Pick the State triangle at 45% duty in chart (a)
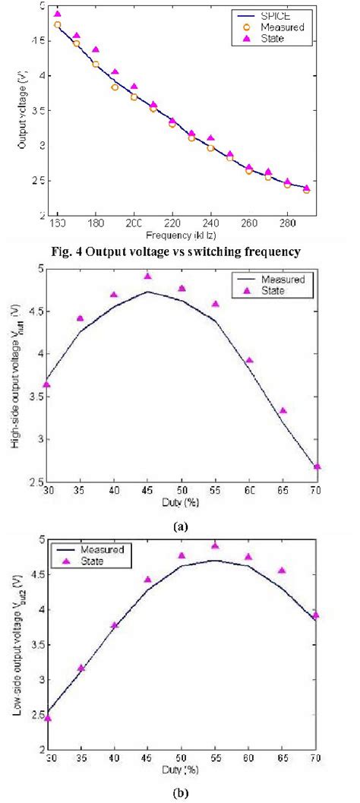pos(148,276)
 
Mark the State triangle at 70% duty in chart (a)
pos(317,466)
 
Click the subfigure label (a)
pos(181,524)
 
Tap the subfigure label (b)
pos(181,794)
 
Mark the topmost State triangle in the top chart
pos(58,14)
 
